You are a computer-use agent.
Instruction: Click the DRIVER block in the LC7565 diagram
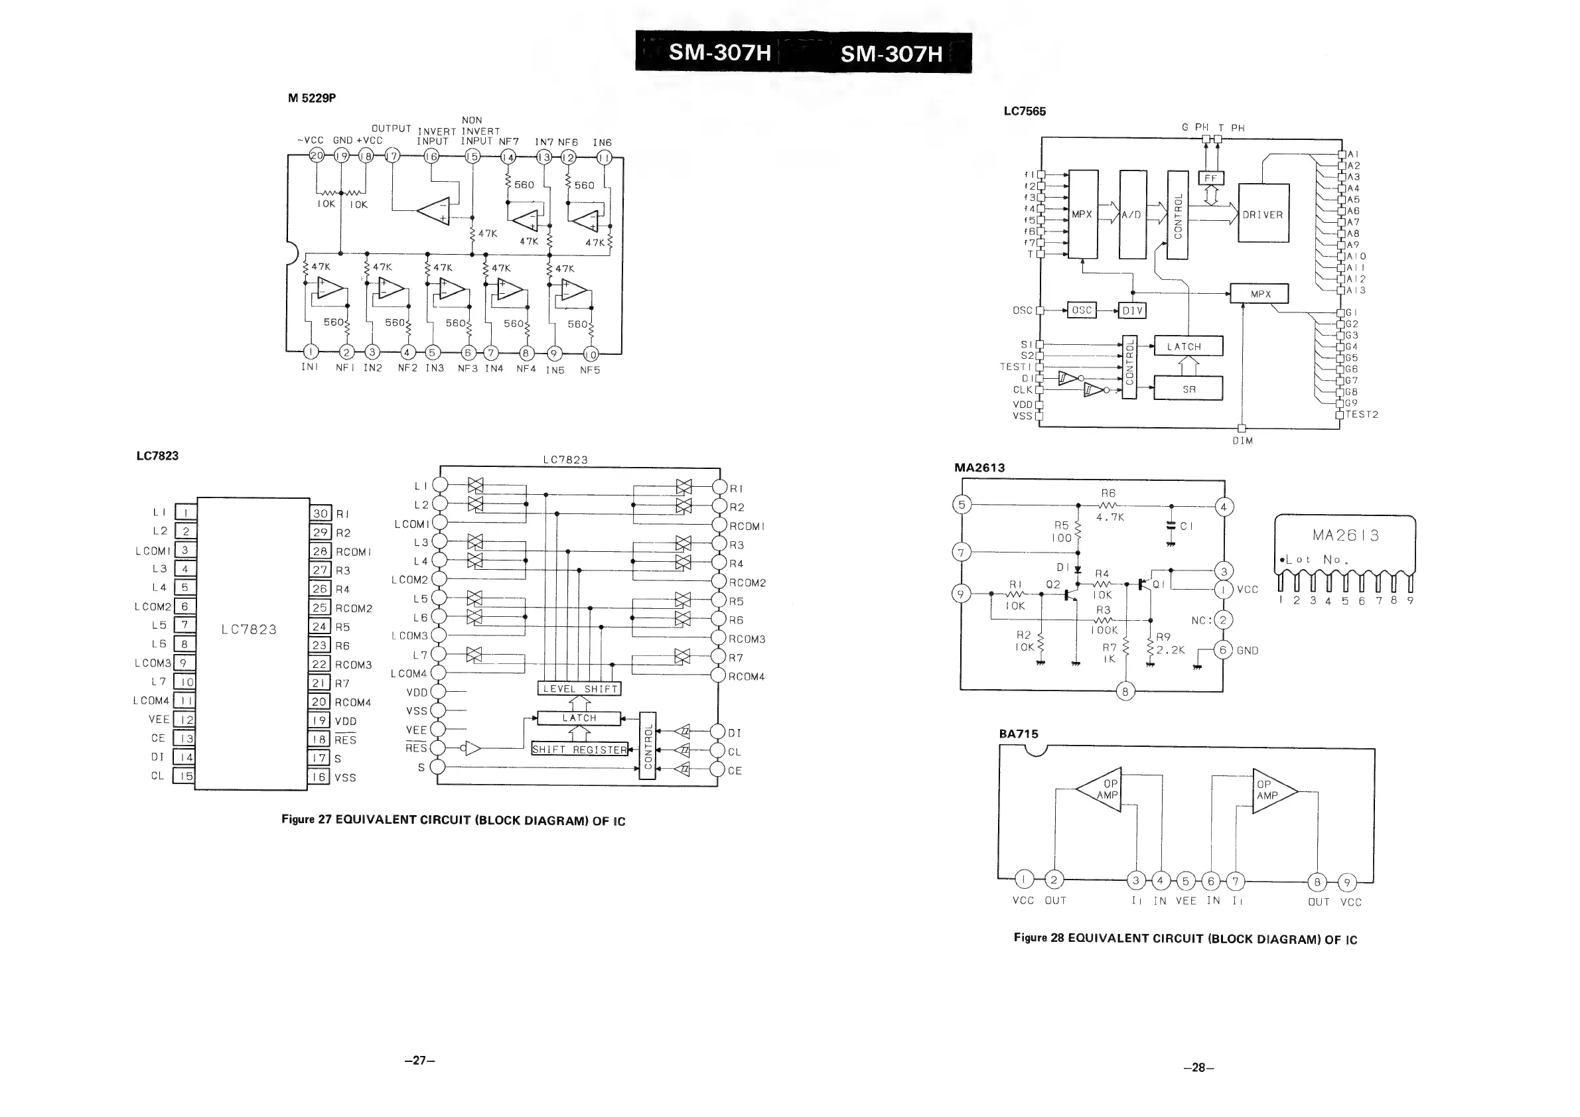(x=1263, y=213)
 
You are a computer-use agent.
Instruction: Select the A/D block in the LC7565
(x=1133, y=214)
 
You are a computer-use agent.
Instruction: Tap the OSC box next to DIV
(x=1082, y=310)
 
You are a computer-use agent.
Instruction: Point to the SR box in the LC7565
(x=1188, y=389)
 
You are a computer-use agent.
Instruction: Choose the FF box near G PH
(x=1210, y=178)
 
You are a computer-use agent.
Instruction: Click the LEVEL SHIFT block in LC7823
(x=580, y=689)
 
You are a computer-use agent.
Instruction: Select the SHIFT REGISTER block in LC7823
(x=579, y=749)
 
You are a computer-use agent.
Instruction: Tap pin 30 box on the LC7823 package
(x=321, y=513)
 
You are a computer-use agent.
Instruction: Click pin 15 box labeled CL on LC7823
(x=184, y=776)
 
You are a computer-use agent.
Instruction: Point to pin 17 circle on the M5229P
(x=392, y=156)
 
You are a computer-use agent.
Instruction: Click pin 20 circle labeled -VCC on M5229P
(x=317, y=155)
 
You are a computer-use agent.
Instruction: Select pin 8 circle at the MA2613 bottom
(x=1125, y=691)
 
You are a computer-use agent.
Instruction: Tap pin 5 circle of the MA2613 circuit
(x=962, y=504)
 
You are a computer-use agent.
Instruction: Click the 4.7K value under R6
(x=1110, y=517)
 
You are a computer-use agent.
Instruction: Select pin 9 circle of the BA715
(x=1346, y=882)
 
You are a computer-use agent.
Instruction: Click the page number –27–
(x=420, y=1060)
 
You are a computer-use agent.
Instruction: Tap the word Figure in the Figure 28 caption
(x=1029, y=938)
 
